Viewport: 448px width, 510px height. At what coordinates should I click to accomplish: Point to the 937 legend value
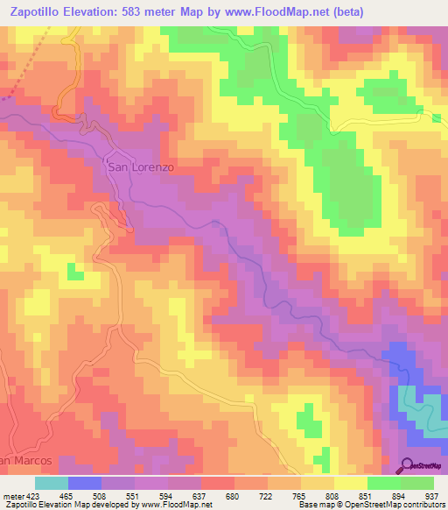(x=431, y=495)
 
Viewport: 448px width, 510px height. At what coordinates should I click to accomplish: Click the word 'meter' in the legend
(x=12, y=495)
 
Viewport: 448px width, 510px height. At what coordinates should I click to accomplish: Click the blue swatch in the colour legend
(x=85, y=483)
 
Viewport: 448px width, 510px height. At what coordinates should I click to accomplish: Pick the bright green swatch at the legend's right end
(x=417, y=483)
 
